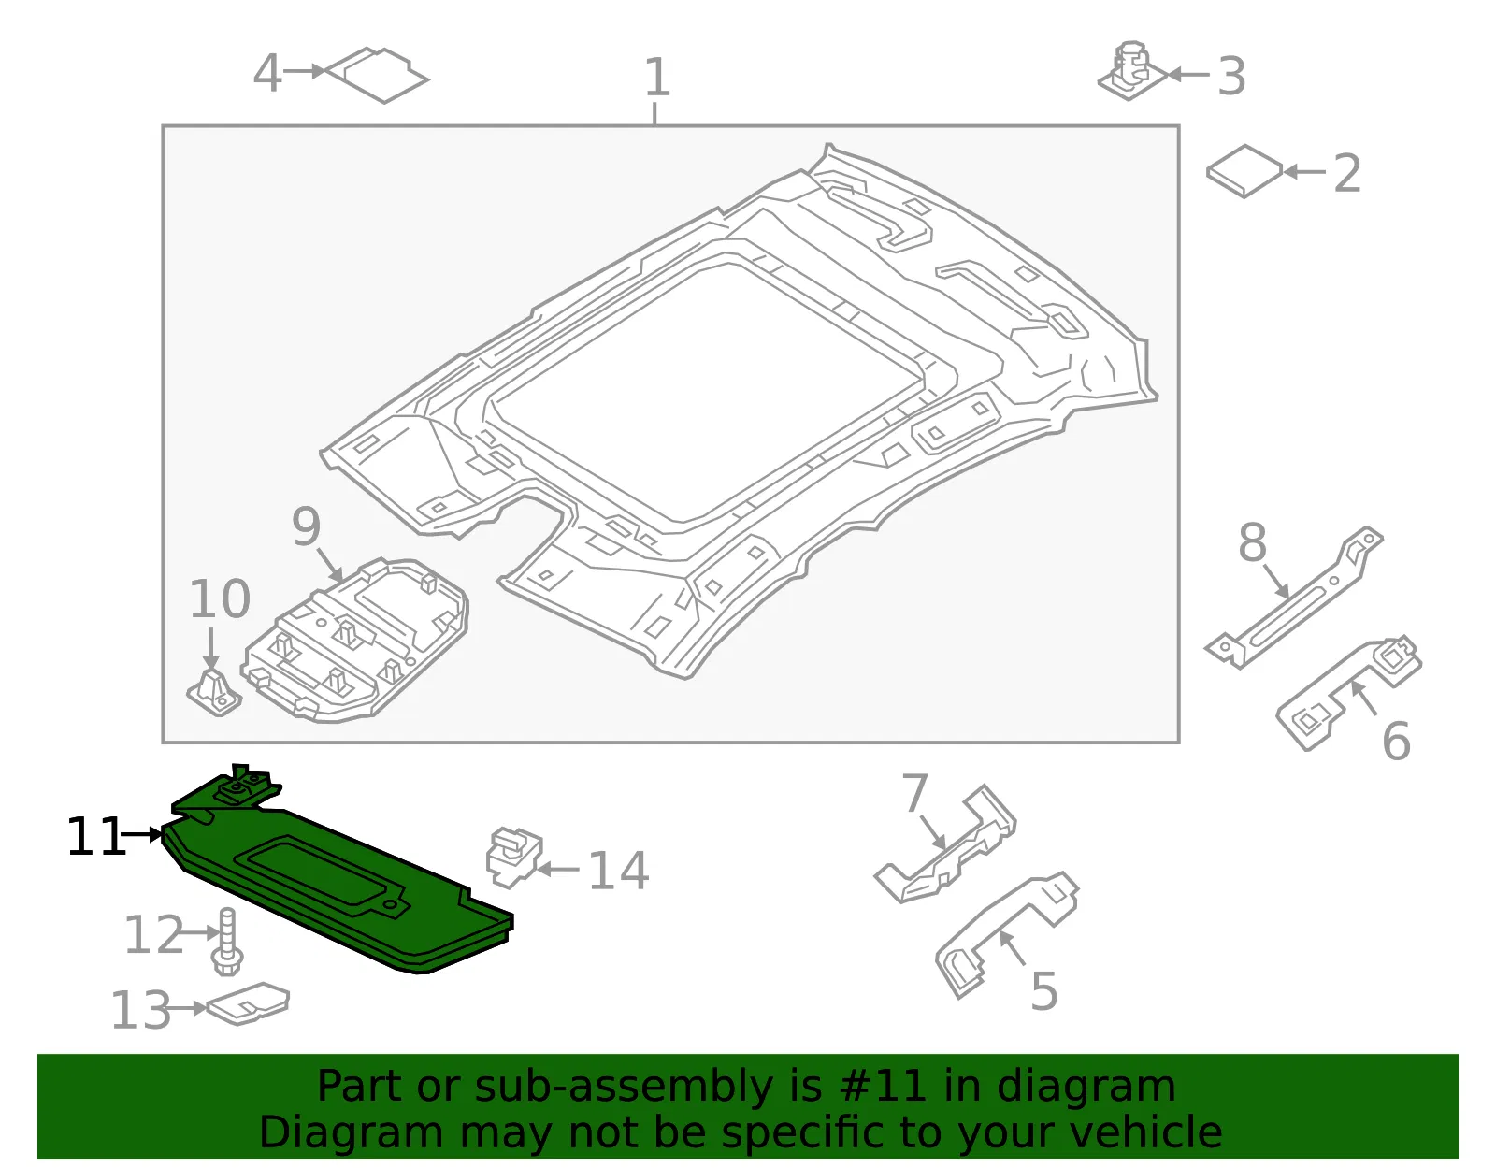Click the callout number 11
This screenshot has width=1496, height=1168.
coord(95,837)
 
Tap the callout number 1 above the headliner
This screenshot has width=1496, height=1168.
coord(656,77)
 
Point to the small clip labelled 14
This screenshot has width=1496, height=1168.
coord(513,857)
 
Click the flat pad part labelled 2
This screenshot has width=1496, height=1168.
coord(1244,171)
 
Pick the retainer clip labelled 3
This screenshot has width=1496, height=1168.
coord(1132,71)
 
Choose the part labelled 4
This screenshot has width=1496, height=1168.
coord(377,75)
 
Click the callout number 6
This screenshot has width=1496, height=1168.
coord(1396,742)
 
